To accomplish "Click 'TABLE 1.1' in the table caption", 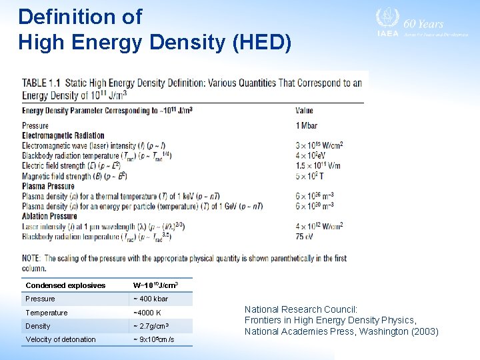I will click(x=41, y=83).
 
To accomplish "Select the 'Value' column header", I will click(x=304, y=111).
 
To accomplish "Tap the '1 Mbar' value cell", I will click(x=307, y=125).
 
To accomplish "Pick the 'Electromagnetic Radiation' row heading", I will click(x=63, y=135).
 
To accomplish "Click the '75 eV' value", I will click(x=305, y=236).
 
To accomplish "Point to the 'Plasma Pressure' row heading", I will click(x=48, y=186).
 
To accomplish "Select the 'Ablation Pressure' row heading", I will click(x=49, y=216).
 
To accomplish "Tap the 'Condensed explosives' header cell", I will click(x=65, y=285).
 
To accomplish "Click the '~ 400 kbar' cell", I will click(x=151, y=299).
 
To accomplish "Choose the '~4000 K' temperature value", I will click(x=147, y=313).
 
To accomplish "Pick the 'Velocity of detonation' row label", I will click(x=61, y=339).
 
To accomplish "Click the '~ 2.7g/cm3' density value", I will click(x=151, y=326).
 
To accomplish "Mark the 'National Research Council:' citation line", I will click(x=301, y=309).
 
